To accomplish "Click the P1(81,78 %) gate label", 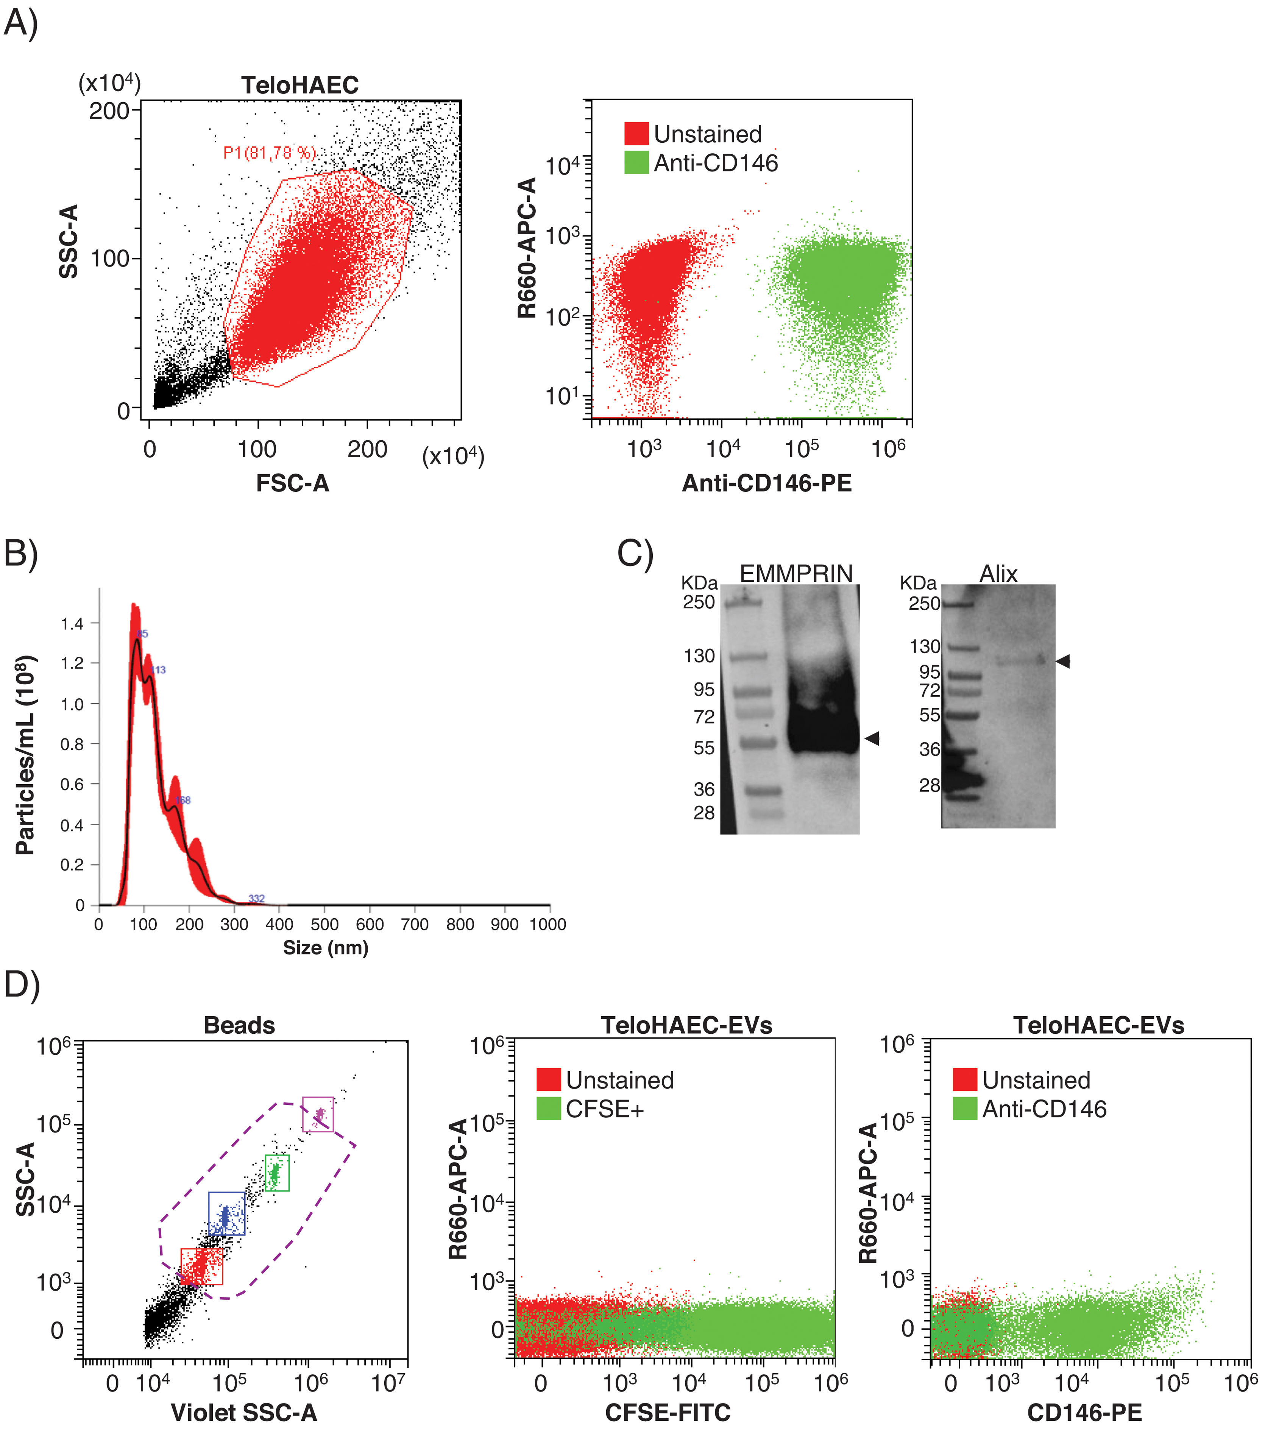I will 269,153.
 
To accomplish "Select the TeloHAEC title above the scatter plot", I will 300,85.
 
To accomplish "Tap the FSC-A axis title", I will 292,483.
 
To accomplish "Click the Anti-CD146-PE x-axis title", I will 767,483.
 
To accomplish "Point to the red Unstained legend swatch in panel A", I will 636,134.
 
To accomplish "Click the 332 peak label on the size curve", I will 256,899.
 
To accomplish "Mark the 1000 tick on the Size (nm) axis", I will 548,925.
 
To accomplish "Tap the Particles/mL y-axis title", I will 25,755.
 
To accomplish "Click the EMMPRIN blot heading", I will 796,574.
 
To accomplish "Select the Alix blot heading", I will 998,574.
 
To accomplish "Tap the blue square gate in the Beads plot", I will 227,1213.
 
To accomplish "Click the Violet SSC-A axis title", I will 244,1412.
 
